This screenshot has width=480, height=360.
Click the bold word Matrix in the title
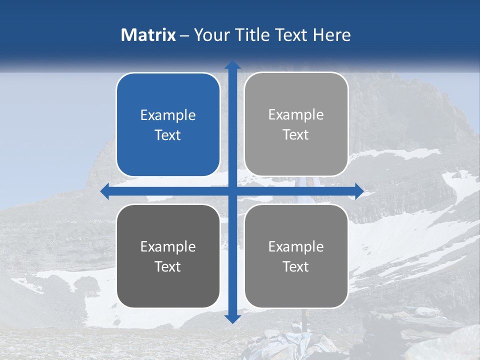pyautogui.click(x=148, y=35)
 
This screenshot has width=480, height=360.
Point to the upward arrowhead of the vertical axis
pyautogui.click(x=232, y=65)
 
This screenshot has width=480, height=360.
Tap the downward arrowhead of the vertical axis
pyautogui.click(x=232, y=319)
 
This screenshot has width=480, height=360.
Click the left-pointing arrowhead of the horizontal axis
pyautogui.click(x=105, y=191)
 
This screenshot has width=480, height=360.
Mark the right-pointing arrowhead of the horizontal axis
pyautogui.click(x=359, y=191)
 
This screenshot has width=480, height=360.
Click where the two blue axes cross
pyautogui.click(x=232, y=191)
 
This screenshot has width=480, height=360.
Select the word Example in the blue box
pyautogui.click(x=168, y=115)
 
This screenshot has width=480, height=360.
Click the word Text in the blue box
pyautogui.click(x=168, y=135)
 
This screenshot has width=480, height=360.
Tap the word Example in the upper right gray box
pyautogui.click(x=296, y=115)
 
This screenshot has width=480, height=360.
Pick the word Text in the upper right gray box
pyautogui.click(x=296, y=135)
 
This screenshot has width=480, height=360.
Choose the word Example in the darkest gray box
pyautogui.click(x=168, y=247)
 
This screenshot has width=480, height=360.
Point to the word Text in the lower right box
pyautogui.click(x=296, y=267)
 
